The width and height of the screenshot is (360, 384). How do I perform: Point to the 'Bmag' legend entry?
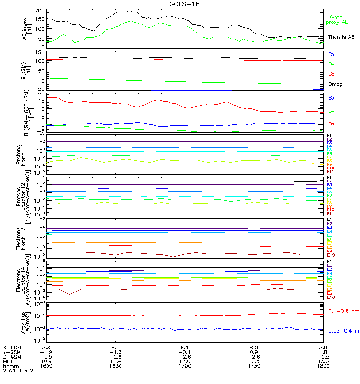[x=336, y=84]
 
